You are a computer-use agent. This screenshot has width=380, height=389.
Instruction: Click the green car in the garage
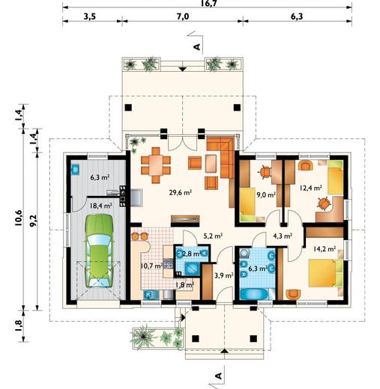pos(99,251)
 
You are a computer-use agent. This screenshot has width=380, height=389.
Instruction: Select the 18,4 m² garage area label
pos(100,206)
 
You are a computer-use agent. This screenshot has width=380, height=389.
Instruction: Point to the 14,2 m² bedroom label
pos(325,248)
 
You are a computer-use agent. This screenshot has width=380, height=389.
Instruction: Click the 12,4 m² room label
pos(311,188)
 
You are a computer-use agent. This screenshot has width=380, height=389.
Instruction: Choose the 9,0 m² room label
pos(266,194)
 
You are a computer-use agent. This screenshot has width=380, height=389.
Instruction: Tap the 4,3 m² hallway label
pos(283,236)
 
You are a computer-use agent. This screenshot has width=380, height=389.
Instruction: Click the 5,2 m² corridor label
pos(213,236)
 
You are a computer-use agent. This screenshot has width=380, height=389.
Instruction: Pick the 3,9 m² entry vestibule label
pos(224,275)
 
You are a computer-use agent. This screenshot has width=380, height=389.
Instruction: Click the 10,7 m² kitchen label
pos(151,266)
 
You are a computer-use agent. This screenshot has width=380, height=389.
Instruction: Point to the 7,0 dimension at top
pos(183,16)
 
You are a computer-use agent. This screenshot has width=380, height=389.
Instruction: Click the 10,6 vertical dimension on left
pos(19,218)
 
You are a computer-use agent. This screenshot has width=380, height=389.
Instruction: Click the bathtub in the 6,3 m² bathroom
pos(254,294)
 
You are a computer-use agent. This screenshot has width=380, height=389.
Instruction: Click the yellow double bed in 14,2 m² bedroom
pos(325,273)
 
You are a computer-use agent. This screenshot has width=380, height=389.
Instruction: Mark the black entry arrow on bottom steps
pos(225,351)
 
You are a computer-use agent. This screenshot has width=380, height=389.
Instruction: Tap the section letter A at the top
pos(197,46)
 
